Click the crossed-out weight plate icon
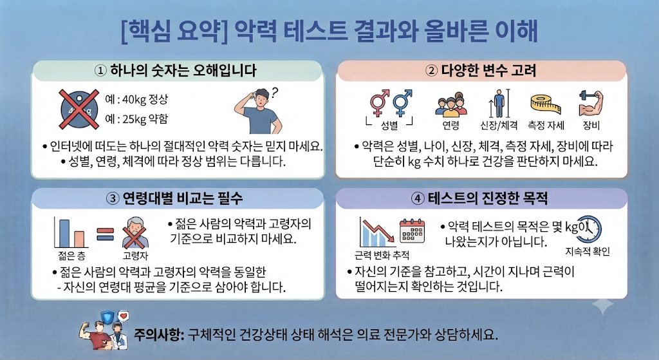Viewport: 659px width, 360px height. pyautogui.click(x=79, y=109)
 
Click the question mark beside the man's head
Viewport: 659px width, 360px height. pyautogui.click(x=275, y=93)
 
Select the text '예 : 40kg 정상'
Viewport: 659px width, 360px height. pyautogui.click(x=136, y=100)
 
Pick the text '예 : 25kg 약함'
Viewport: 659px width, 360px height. pyautogui.click(x=136, y=119)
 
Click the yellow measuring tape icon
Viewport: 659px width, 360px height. pyautogui.click(x=546, y=104)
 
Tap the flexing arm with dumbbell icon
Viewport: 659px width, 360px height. pyautogui.click(x=591, y=103)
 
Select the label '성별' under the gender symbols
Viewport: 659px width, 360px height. pyautogui.click(x=389, y=125)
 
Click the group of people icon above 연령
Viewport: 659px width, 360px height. pyautogui.click(x=451, y=105)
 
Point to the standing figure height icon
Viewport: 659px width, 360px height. pyautogui.click(x=499, y=104)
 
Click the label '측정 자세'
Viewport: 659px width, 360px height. pyautogui.click(x=546, y=125)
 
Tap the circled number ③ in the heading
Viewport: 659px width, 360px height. pyautogui.click(x=112, y=198)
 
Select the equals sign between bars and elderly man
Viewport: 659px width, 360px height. pyautogui.click(x=105, y=234)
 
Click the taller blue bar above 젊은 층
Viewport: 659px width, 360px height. pyautogui.click(x=64, y=233)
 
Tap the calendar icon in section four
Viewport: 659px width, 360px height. pyautogui.click(x=412, y=231)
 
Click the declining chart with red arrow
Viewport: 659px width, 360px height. pyautogui.click(x=377, y=232)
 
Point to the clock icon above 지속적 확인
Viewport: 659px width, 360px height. pyautogui.click(x=589, y=229)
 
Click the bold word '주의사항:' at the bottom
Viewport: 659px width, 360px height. pyautogui.click(x=160, y=335)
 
